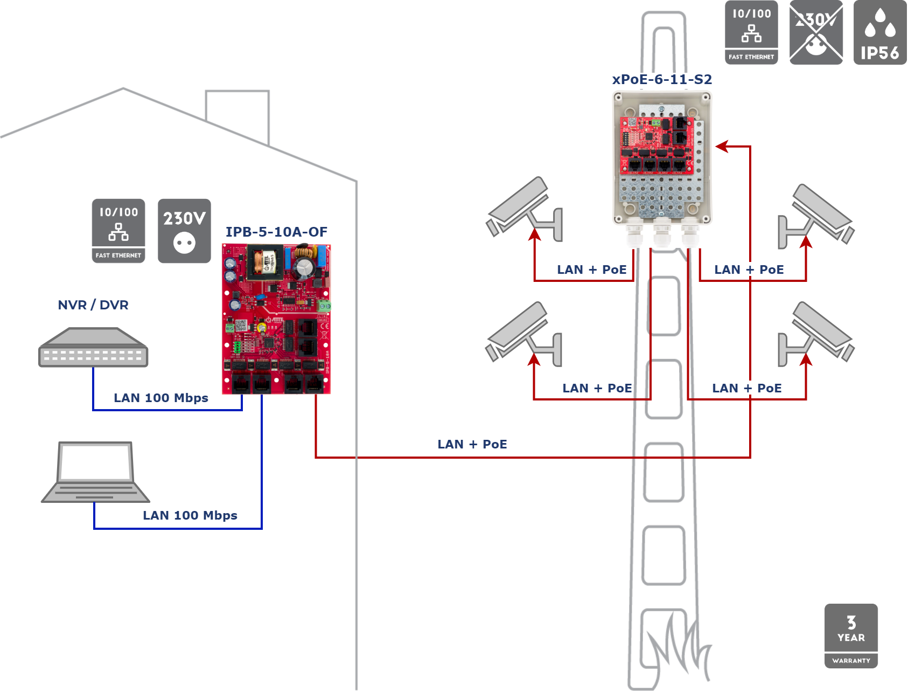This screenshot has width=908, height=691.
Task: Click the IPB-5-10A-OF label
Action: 276,232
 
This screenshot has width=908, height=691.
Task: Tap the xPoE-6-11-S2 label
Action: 662,79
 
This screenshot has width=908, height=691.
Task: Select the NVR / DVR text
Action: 93,305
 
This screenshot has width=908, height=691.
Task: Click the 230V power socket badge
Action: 184,231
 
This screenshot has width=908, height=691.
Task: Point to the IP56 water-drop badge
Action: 880,33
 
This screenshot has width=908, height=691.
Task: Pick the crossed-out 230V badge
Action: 816,33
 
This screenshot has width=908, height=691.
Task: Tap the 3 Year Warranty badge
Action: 851,636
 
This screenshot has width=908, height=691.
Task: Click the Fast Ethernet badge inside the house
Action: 118,231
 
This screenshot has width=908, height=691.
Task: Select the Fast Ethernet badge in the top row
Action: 751,33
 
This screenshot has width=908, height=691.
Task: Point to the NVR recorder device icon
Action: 93,348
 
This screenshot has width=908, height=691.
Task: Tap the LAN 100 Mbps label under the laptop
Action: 190,515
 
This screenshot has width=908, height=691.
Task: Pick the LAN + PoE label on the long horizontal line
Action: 472,444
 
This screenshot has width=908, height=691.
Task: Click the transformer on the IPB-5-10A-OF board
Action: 264,262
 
